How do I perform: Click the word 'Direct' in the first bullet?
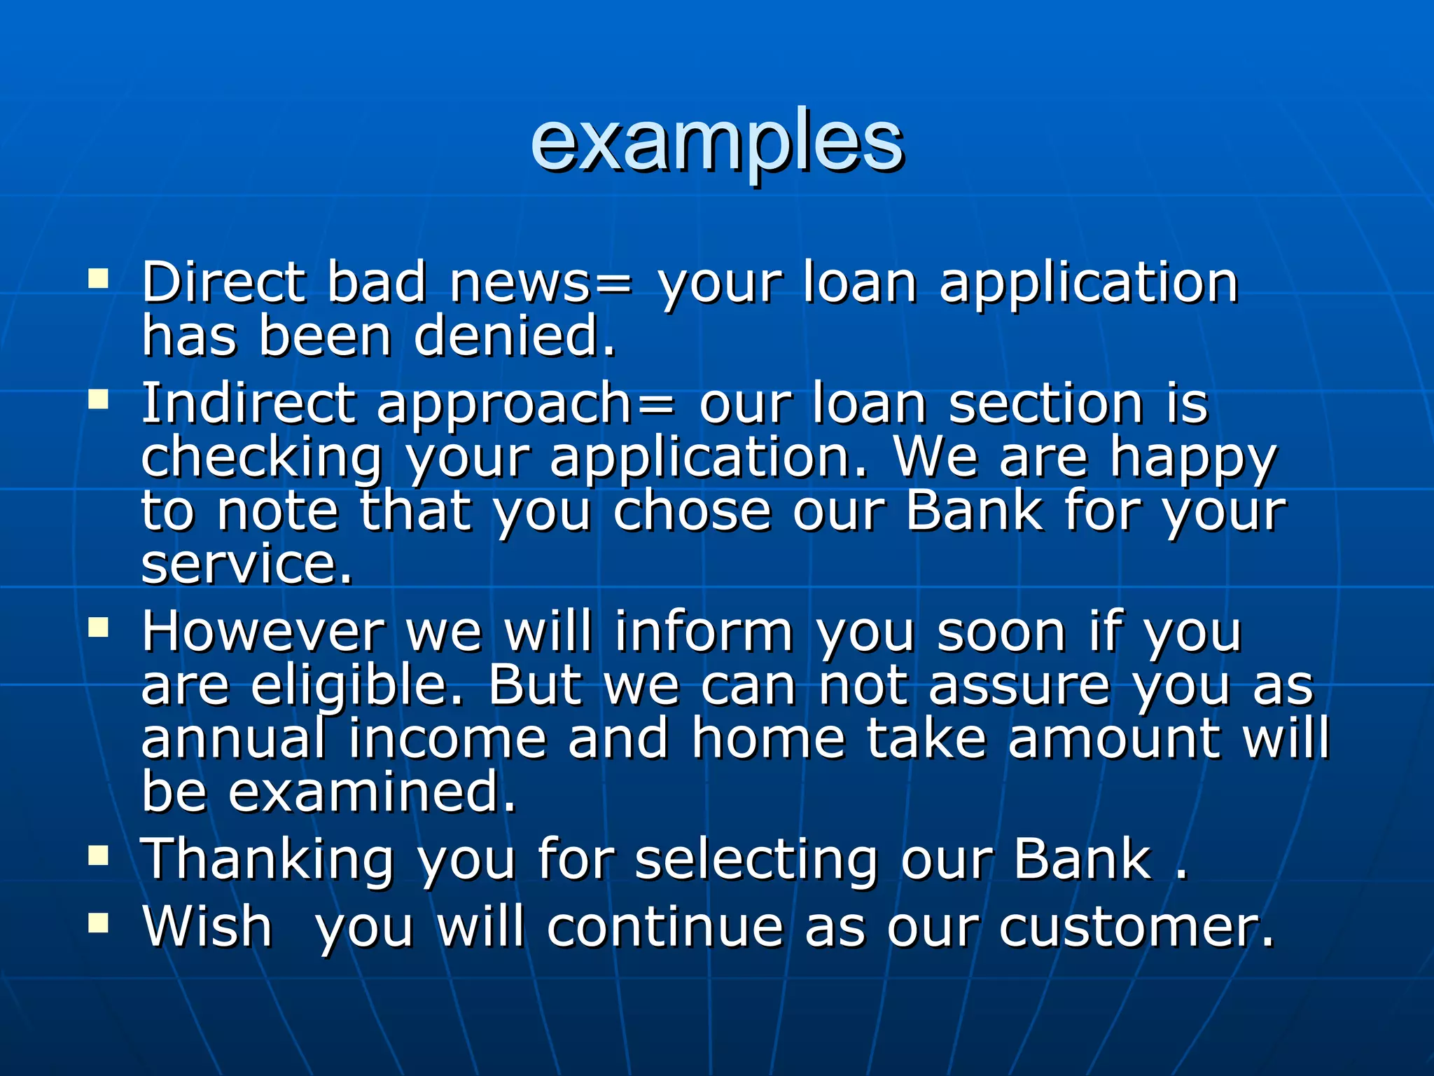[223, 282]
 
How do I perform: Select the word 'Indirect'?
[249, 404]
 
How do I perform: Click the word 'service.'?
[246, 564]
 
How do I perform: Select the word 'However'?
[263, 632]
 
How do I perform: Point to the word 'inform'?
[704, 632]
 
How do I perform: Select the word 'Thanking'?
[268, 861]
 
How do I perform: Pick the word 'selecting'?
[756, 861]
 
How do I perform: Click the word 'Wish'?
[207, 927]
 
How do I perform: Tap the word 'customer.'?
[1136, 927]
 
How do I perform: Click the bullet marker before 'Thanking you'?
[99, 855]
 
